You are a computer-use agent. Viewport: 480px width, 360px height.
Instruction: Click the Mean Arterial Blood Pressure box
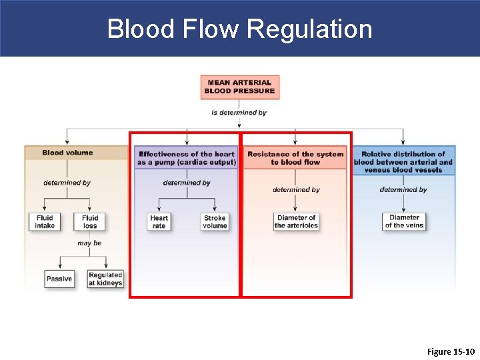pyautogui.click(x=239, y=87)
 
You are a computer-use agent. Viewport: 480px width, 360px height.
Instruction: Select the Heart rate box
pyautogui.click(x=159, y=221)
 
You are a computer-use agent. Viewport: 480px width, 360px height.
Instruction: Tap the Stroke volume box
pyautogui.click(x=215, y=221)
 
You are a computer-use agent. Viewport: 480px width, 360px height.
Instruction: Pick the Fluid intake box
pyautogui.click(x=44, y=221)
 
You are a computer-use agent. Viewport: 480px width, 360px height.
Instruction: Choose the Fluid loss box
pyautogui.click(x=90, y=221)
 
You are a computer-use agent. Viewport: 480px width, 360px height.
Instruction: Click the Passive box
pyautogui.click(x=59, y=279)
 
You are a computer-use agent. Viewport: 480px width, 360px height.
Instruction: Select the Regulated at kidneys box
pyautogui.click(x=105, y=279)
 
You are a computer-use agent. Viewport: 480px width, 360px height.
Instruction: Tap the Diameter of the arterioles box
pyautogui.click(x=296, y=221)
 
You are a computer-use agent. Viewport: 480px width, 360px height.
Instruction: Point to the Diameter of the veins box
pyautogui.click(x=404, y=221)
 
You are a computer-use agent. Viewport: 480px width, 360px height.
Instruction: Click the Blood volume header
pyautogui.click(x=67, y=153)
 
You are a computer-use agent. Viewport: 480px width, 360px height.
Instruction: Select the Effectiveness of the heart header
pyautogui.click(x=186, y=158)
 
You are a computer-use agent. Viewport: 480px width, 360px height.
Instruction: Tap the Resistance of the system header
pyautogui.click(x=295, y=158)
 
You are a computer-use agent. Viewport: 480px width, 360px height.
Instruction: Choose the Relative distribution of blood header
pyautogui.click(x=403, y=161)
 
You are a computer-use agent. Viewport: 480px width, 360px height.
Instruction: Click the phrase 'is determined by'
pyautogui.click(x=239, y=113)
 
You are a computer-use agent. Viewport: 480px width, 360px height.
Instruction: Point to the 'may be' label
pyautogui.click(x=89, y=243)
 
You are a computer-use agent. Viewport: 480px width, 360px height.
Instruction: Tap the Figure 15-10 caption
pyautogui.click(x=450, y=351)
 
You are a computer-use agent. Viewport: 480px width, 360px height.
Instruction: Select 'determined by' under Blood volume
pyautogui.click(x=67, y=183)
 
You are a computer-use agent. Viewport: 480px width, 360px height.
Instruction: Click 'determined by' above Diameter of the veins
pyautogui.click(x=403, y=189)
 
